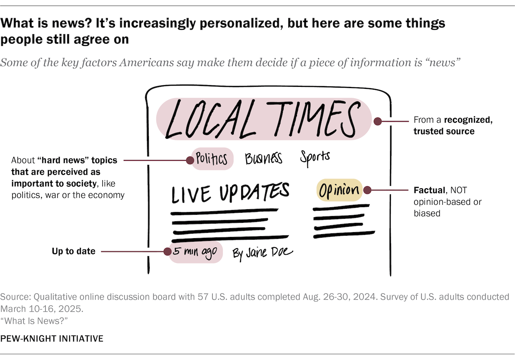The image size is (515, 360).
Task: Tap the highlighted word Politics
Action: coord(212,159)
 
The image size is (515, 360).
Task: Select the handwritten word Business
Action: coord(264,158)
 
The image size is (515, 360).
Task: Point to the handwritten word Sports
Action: coord(315,157)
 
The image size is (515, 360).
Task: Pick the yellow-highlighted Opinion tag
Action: coord(339,190)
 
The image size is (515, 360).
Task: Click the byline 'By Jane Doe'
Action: coord(263,253)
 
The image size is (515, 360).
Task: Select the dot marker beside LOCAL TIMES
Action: coord(378,121)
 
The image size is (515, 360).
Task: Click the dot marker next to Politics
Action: coord(190,160)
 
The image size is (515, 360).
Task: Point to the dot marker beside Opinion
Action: coord(367,190)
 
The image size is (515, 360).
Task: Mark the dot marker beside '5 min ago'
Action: coord(167,252)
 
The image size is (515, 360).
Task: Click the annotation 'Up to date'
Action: coord(74,251)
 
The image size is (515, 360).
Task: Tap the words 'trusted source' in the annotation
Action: coord(444,131)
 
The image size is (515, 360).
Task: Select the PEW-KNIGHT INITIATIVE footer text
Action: coord(52,339)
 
